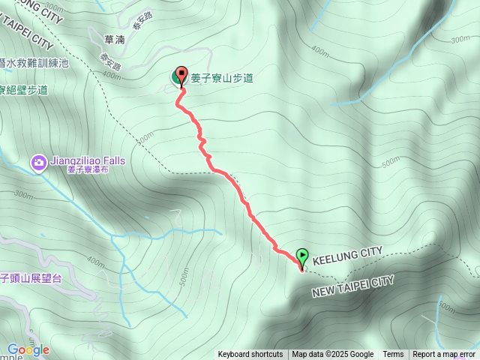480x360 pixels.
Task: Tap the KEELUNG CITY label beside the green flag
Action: [347, 255]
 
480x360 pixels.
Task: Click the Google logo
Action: [28, 349]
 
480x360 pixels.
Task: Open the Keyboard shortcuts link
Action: [250, 355]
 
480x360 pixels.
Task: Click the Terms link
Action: [393, 355]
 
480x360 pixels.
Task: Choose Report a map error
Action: [444, 355]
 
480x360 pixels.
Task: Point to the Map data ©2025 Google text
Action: [332, 355]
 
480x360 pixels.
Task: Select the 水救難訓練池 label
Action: [36, 63]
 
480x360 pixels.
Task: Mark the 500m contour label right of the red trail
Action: [390, 162]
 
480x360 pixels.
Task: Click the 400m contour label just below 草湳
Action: [112, 74]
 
